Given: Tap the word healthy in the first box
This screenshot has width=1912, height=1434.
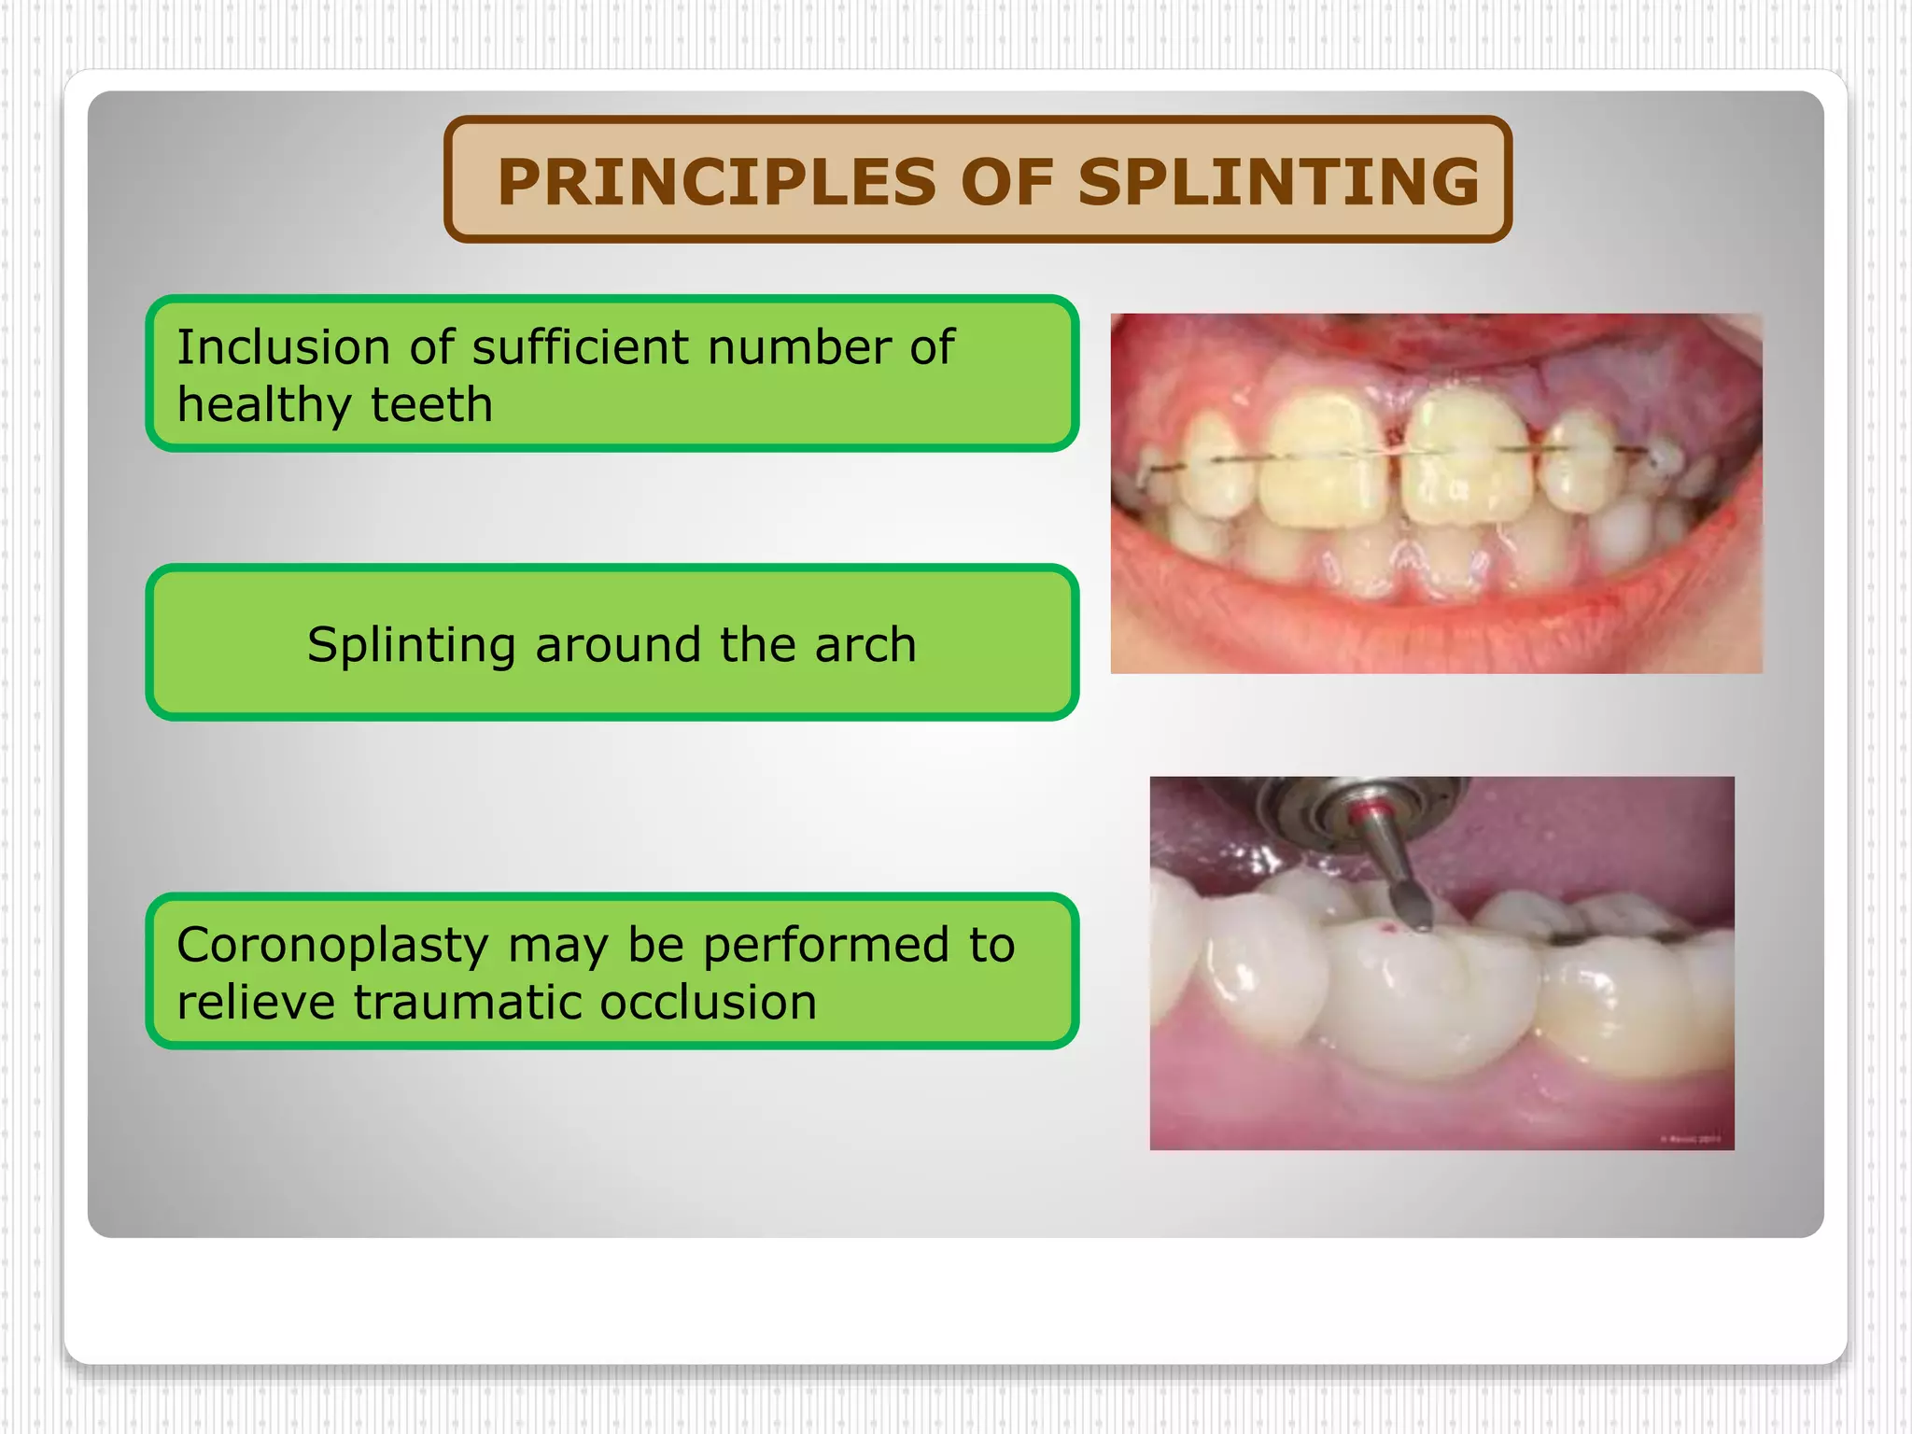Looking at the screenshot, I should point(263,405).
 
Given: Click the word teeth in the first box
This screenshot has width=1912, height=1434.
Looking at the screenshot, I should point(431,405).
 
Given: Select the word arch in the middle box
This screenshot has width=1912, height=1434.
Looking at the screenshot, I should point(865,644).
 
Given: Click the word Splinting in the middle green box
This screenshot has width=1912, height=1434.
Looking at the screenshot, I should point(411,644).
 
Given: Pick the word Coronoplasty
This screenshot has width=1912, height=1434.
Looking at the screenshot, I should point(332,945).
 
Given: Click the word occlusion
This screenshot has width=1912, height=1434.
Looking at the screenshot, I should point(708,1003).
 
